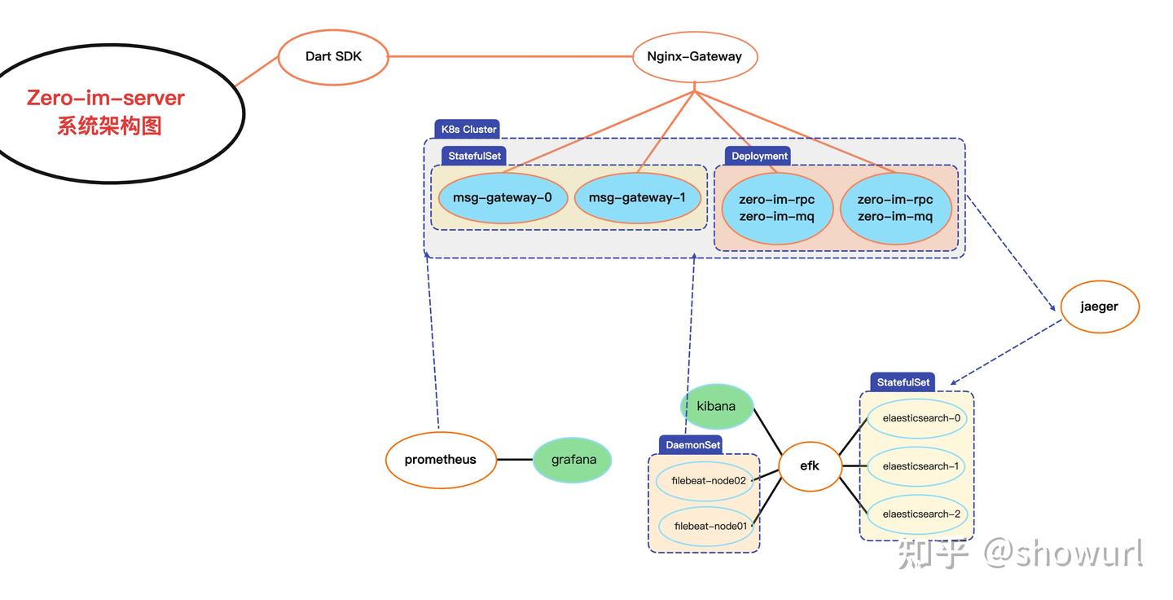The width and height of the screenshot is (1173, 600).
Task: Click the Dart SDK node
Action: click(x=334, y=57)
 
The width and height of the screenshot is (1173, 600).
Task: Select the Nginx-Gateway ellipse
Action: click(x=695, y=56)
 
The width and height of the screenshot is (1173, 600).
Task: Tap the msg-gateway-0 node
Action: click(x=503, y=198)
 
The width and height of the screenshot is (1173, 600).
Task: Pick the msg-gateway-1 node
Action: click(x=637, y=198)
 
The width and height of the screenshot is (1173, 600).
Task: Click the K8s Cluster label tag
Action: click(x=467, y=130)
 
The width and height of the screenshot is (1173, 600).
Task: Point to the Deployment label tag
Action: click(x=758, y=156)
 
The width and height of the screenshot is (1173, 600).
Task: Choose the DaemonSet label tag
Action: click(x=691, y=445)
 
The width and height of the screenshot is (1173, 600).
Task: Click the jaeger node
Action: click(x=1100, y=307)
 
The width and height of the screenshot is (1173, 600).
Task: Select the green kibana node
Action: click(x=716, y=407)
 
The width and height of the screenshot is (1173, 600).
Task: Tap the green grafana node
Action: click(x=573, y=460)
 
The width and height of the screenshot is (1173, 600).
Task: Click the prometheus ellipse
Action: click(x=441, y=460)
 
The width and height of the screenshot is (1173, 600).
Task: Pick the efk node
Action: click(x=810, y=465)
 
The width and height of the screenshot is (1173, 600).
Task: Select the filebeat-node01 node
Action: click(x=707, y=527)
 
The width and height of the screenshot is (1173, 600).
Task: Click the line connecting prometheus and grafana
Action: click(x=515, y=460)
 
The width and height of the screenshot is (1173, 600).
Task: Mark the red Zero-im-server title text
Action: click(x=106, y=98)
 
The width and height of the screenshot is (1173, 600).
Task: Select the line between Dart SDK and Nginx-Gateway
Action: click(x=511, y=56)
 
